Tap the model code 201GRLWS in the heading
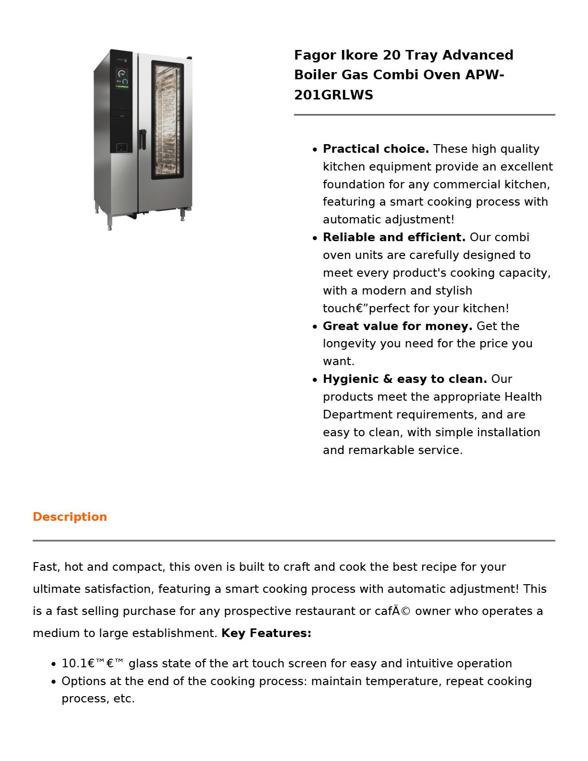coord(333,95)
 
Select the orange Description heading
coord(70,517)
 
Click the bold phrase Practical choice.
coord(376,149)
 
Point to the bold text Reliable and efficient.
coord(394,237)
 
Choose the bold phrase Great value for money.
coord(397,326)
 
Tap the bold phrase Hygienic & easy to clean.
coord(404,379)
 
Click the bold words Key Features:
coord(266,633)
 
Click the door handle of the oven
coord(143,139)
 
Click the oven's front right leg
coord(183,214)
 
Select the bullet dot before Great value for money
coord(315,327)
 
